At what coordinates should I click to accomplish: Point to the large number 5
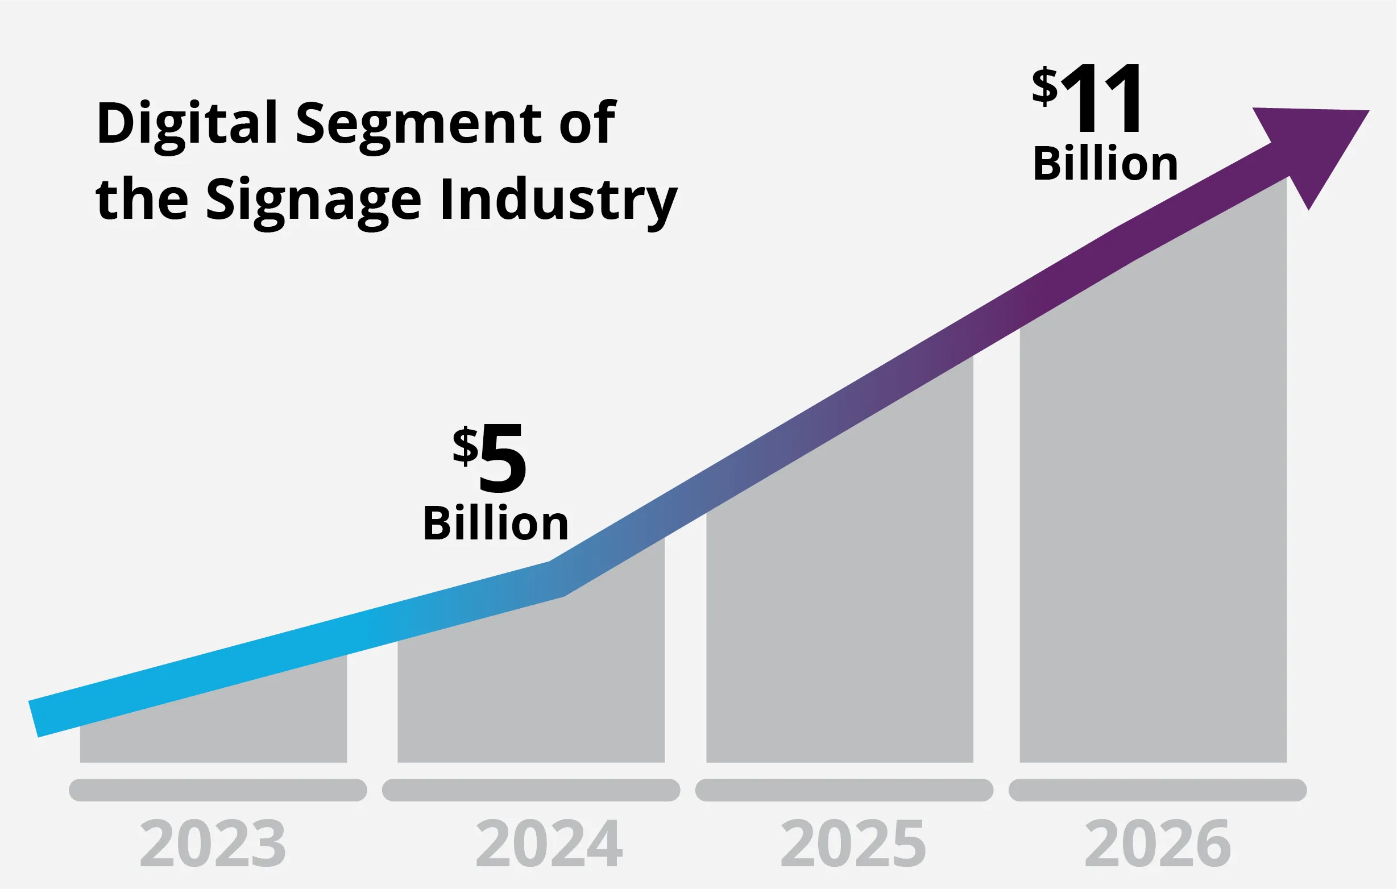click(503, 459)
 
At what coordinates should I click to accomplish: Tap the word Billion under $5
click(496, 524)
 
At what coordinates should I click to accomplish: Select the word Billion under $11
click(1106, 164)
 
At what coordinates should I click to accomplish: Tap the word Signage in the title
click(313, 200)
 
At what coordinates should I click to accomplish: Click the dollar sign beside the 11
click(1045, 86)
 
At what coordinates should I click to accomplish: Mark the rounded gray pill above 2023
click(218, 790)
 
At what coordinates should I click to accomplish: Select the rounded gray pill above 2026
click(1158, 790)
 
